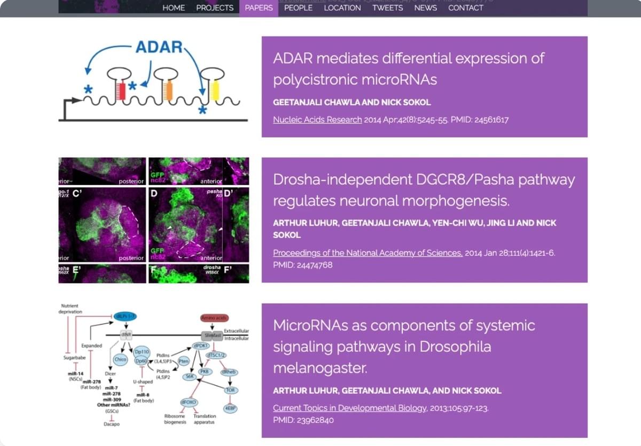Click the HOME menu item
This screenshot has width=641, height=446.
point(174,7)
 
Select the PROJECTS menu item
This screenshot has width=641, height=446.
point(215,7)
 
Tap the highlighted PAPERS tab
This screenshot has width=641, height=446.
point(259,7)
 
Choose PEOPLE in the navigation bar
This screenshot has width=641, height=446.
point(298,7)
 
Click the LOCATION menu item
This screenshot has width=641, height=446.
point(342,7)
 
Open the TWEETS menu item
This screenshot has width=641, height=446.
point(388,7)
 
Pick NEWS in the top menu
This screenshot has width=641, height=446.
point(425,7)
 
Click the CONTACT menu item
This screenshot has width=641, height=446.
point(466,7)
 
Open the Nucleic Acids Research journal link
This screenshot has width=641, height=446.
point(317,119)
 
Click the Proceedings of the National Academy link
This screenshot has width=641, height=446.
point(368,253)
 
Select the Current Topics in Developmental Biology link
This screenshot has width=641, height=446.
point(350,408)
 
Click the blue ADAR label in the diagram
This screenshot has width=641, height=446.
point(159,47)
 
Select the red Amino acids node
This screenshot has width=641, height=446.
point(214,318)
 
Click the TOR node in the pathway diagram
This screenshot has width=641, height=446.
point(230,390)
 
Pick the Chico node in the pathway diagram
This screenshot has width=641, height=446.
point(120,359)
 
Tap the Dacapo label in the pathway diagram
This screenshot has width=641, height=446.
point(112,424)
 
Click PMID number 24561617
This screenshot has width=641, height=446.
point(490,119)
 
